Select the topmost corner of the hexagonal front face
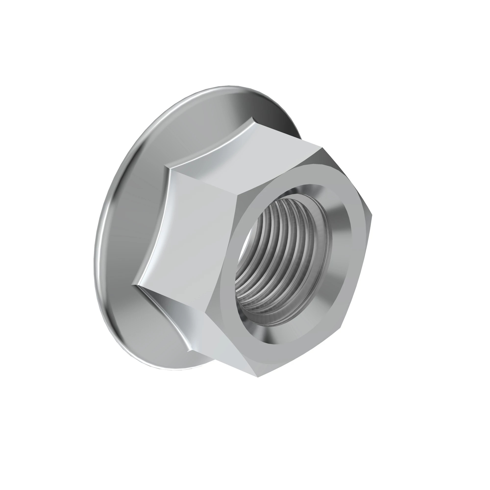[x=322, y=147]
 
